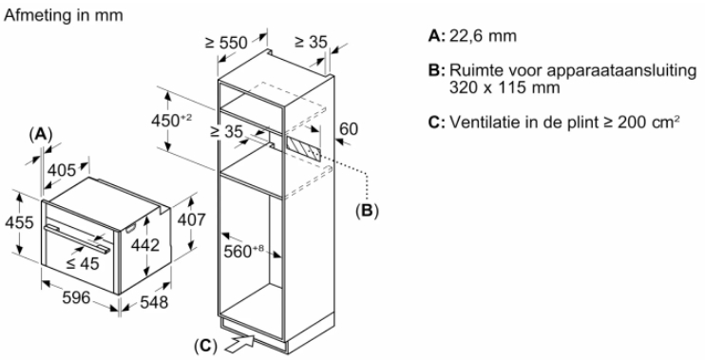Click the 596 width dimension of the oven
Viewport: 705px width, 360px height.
tap(76, 297)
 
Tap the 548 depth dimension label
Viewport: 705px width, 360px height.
tap(154, 302)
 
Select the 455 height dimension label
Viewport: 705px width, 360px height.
tap(19, 222)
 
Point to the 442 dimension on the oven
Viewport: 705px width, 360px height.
tap(145, 245)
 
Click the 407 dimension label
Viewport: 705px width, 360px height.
tap(192, 219)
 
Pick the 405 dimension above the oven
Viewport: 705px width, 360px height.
tap(62, 170)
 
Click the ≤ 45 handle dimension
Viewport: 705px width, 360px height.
tap(83, 263)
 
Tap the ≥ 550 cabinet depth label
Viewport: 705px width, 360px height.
tap(226, 43)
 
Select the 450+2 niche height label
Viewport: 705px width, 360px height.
tap(171, 121)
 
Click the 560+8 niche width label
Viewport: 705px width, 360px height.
tap(243, 251)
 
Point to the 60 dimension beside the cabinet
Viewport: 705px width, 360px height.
tap(349, 129)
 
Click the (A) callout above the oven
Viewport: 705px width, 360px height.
tap(41, 134)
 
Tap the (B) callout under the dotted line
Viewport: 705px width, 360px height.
tap(367, 210)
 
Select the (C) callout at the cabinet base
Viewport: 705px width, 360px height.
tap(205, 346)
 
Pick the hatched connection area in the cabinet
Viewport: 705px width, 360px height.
tap(303, 149)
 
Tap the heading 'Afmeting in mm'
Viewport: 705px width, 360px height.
tap(64, 15)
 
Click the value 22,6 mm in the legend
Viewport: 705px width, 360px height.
tap(483, 36)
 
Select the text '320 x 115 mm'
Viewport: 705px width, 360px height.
tap(505, 87)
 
